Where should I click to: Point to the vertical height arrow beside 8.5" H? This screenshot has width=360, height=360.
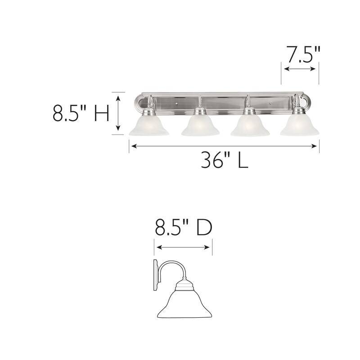[118, 113]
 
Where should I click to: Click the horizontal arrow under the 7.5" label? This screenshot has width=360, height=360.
[300, 69]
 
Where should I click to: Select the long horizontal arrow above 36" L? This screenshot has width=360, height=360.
[224, 145]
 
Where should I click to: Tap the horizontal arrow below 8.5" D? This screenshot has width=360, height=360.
[183, 247]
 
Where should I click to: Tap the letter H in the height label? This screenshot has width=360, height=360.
[101, 113]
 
